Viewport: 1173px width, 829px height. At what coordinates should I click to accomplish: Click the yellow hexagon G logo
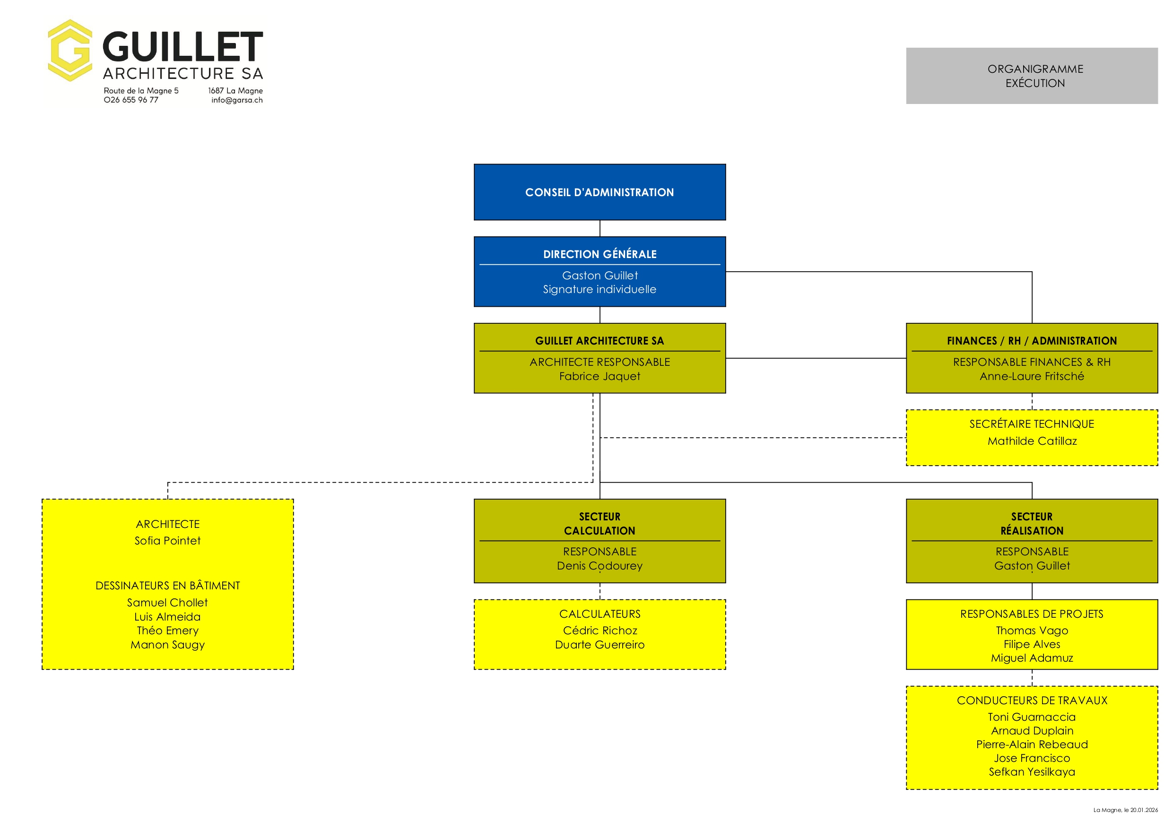coord(70,51)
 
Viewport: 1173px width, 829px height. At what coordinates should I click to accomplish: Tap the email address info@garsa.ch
coord(237,100)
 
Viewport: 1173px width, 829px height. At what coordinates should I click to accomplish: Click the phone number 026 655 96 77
coord(131,100)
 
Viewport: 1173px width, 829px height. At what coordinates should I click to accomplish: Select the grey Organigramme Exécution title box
coord(1032,76)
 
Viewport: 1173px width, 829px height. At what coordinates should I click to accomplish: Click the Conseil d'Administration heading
coord(600,192)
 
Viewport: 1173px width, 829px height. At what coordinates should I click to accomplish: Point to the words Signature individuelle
coord(600,290)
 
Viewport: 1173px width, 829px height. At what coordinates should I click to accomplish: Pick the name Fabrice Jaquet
coord(600,376)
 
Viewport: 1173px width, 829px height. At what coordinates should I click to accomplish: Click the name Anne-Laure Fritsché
coord(1032,376)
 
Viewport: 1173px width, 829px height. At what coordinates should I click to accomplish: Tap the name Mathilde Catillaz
coord(1032,441)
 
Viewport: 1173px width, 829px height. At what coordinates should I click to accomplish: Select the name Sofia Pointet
coord(167,541)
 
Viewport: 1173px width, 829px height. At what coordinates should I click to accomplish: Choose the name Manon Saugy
coord(167,645)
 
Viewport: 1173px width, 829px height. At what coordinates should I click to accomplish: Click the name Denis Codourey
coord(600,566)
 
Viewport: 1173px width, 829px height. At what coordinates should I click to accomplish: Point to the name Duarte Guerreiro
coord(600,645)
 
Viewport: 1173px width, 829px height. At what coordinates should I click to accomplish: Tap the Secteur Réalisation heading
coord(1032,524)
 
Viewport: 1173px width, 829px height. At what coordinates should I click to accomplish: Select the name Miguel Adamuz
coord(1032,658)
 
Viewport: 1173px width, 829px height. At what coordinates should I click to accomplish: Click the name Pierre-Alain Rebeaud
coord(1032,745)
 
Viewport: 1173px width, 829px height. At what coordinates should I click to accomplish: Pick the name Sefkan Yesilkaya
coord(1032,772)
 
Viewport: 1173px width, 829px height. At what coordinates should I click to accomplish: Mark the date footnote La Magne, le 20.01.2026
coord(1126,810)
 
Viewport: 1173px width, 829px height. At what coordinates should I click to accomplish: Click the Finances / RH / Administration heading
coord(1032,341)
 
